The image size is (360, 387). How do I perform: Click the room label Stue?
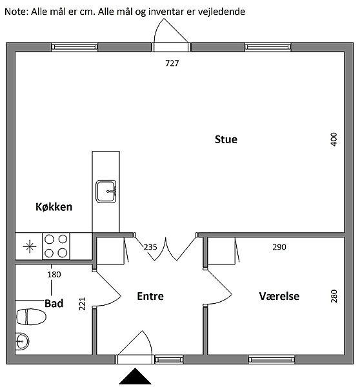point(226,139)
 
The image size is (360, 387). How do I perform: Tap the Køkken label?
point(54,207)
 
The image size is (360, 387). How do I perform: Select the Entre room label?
point(150,296)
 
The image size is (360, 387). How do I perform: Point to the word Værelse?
point(279,296)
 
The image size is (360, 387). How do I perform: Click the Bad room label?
point(54,303)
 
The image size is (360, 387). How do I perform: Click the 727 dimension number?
point(172,63)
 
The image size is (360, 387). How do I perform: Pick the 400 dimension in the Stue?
point(334,139)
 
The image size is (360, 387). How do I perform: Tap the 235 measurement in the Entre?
point(150,247)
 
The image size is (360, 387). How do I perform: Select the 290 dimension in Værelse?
point(279,247)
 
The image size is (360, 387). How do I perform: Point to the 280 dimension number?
point(334,296)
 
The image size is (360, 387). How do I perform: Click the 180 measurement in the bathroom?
point(54,275)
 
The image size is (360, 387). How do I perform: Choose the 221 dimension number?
point(82,304)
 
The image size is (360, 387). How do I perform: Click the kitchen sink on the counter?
point(106,192)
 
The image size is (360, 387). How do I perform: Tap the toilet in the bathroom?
point(31,317)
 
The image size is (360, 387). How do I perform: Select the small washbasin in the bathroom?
point(22,341)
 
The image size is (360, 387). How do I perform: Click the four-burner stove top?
point(56,246)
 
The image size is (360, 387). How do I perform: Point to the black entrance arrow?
point(135,376)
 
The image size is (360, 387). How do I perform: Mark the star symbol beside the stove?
point(30,246)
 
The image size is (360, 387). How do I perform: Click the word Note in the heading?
point(15,12)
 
